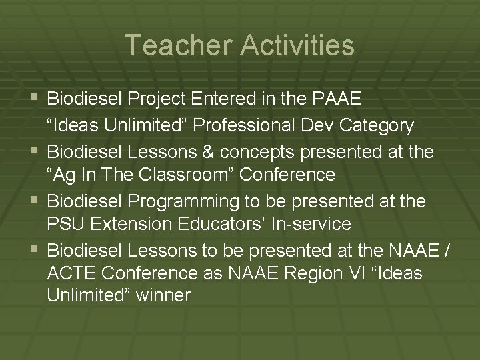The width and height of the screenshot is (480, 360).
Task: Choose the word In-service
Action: point(313,224)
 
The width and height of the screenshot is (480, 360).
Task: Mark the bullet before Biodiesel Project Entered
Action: point(35,99)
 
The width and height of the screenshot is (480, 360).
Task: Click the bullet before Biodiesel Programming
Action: point(35,199)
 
